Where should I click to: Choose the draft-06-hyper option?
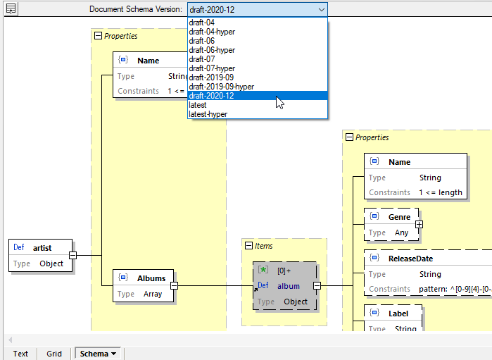pyautogui.click(x=212, y=50)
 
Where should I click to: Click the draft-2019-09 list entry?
pyautogui.click(x=212, y=77)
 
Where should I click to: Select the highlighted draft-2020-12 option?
pyautogui.click(x=212, y=96)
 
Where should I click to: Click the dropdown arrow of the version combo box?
pyautogui.click(x=321, y=9)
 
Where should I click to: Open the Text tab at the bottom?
pyautogui.click(x=20, y=354)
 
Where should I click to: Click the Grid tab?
pyautogui.click(x=54, y=354)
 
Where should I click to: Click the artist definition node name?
pyautogui.click(x=42, y=247)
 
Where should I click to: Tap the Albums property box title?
pyautogui.click(x=151, y=278)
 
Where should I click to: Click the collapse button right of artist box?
pyautogui.click(x=72, y=256)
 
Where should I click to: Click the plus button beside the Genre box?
pyautogui.click(x=419, y=224)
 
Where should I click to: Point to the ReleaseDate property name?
pyautogui.click(x=410, y=259)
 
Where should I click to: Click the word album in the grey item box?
pyautogui.click(x=289, y=286)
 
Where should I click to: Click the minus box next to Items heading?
pyautogui.click(x=248, y=246)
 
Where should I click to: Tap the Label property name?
pyautogui.click(x=399, y=313)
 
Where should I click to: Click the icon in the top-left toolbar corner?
pyautogui.click(x=11, y=9)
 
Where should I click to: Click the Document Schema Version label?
pyautogui.click(x=135, y=9)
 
